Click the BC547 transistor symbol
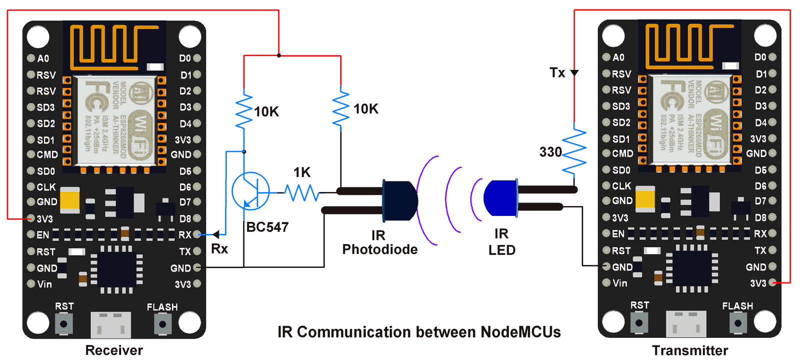tap(250, 191)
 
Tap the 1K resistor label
tap(302, 172)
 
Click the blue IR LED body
tap(500, 198)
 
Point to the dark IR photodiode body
tap(399, 200)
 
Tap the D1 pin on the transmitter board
tap(772, 73)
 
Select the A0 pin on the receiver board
tap(31, 58)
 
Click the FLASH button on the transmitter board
tap(738, 323)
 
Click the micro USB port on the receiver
tap(111, 324)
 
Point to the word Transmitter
tap(689, 350)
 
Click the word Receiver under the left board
tap(114, 350)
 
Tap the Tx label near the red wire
tap(557, 72)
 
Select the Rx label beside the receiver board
tap(219, 248)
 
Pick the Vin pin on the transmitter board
tap(606, 283)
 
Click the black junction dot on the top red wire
tap(279, 55)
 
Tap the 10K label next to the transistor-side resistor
tap(266, 111)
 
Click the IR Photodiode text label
tap(379, 242)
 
